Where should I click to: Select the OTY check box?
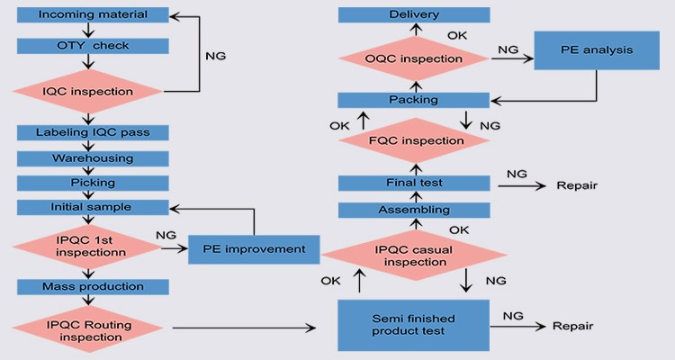coord(94,45)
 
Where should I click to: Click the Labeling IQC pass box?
coord(94,132)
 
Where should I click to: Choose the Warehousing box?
coord(94,158)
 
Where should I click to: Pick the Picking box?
coord(94,183)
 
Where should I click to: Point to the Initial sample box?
coord(94,207)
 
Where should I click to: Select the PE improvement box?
coord(254,248)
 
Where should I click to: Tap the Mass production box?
coord(94,286)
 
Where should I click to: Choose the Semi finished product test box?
coord(414,326)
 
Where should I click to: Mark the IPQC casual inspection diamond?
coord(414,255)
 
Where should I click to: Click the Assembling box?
coord(414,210)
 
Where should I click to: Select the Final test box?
coord(414,183)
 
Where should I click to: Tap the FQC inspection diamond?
coord(414,140)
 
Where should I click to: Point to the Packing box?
coord(414,100)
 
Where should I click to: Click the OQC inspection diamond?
coord(414,57)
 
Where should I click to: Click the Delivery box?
coord(414,15)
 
